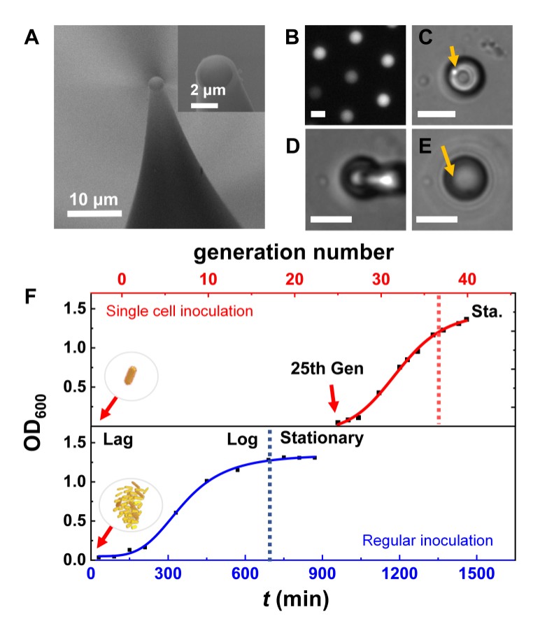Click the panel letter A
[31, 38]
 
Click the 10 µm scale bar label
[95, 200]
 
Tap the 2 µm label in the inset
[208, 92]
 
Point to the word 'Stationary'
[322, 439]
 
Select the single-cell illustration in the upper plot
[131, 378]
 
